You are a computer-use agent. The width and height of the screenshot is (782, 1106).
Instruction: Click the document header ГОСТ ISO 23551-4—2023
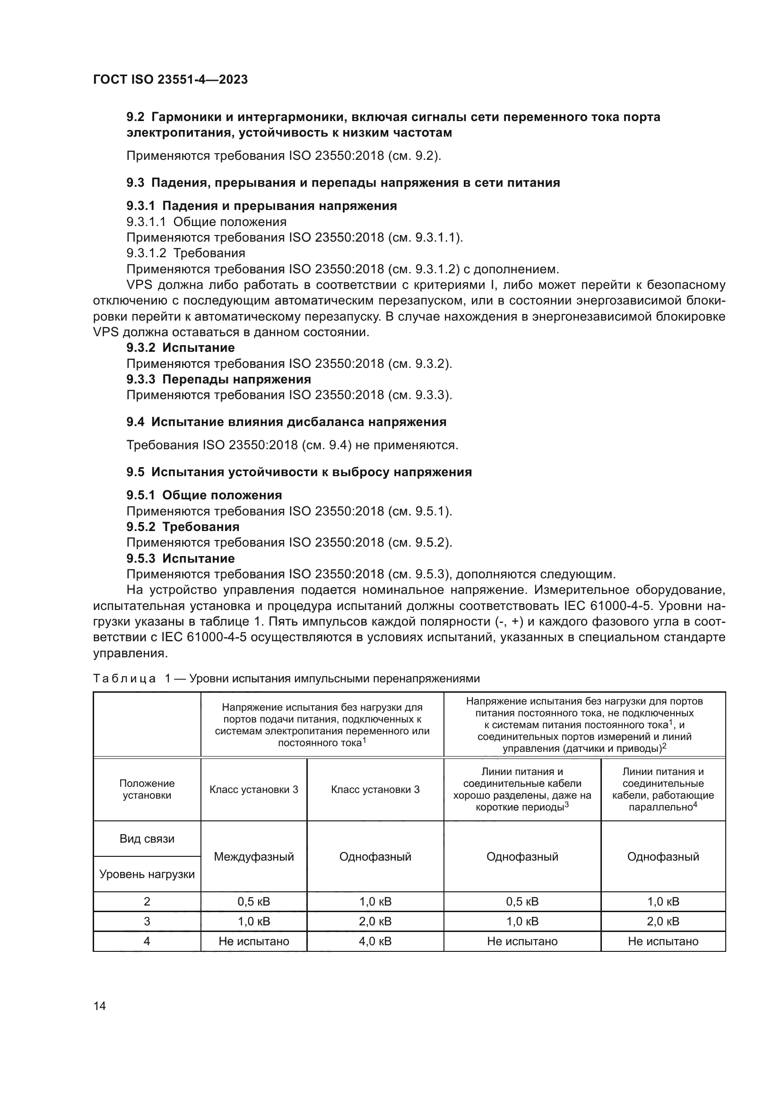pyautogui.click(x=170, y=79)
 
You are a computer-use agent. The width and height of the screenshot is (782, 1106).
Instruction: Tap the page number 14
pyautogui.click(x=100, y=1006)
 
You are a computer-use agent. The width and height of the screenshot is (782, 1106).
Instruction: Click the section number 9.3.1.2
pyautogui.click(x=146, y=253)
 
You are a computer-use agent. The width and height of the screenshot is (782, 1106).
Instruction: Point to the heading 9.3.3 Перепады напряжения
pyautogui.click(x=218, y=379)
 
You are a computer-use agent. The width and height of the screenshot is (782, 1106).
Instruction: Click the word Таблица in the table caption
pyautogui.click(x=124, y=679)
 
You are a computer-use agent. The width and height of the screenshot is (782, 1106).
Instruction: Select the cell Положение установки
pyautogui.click(x=147, y=789)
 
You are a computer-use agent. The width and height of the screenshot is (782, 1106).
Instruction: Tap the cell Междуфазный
pyautogui.click(x=254, y=856)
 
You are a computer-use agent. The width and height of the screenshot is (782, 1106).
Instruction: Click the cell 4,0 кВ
pyautogui.click(x=375, y=941)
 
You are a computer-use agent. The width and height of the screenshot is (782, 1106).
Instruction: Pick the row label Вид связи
pyautogui.click(x=147, y=839)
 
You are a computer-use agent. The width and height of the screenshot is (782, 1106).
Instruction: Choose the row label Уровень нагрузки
pyautogui.click(x=147, y=874)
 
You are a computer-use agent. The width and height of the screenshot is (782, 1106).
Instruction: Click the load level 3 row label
pyautogui.click(x=147, y=921)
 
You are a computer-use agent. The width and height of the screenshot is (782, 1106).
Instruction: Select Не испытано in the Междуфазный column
pyautogui.click(x=254, y=941)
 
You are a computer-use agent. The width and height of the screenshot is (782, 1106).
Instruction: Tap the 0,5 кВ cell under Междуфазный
pyautogui.click(x=254, y=901)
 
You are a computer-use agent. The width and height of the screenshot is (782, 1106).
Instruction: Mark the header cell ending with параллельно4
pyautogui.click(x=663, y=789)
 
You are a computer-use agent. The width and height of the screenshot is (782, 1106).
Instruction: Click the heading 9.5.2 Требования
pyautogui.click(x=183, y=526)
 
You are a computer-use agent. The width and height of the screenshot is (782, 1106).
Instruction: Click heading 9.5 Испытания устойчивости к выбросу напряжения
pyautogui.click(x=299, y=472)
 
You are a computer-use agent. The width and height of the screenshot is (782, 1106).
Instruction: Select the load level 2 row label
pyautogui.click(x=147, y=901)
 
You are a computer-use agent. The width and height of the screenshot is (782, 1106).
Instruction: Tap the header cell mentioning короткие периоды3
pyautogui.click(x=522, y=789)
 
